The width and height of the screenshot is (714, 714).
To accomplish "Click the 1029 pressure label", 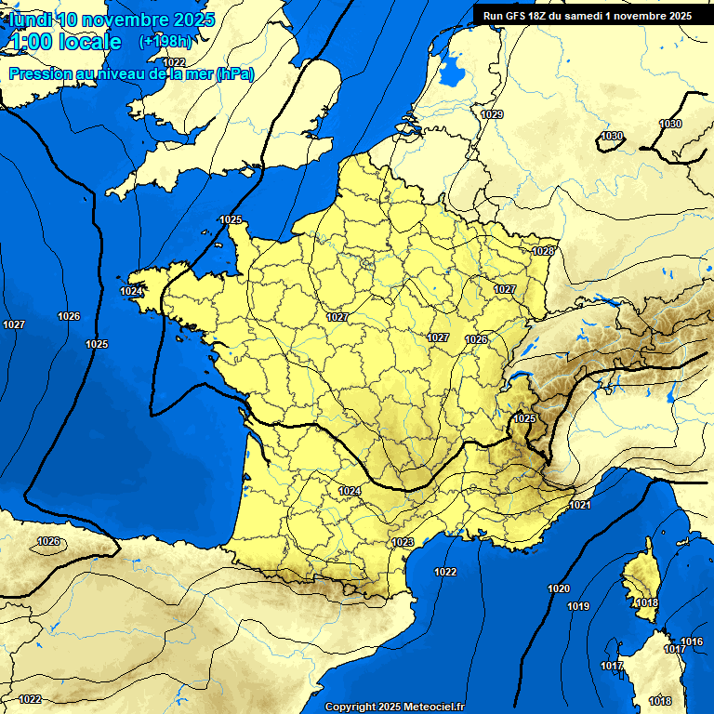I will click(x=492, y=114).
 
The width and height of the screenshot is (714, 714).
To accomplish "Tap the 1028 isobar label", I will click(x=543, y=251).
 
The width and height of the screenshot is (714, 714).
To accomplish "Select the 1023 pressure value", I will click(x=403, y=542).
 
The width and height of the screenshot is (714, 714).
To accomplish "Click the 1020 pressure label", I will click(x=559, y=588).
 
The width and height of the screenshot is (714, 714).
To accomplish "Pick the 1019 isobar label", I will click(x=577, y=606).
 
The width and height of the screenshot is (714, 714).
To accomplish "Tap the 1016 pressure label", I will click(x=692, y=641).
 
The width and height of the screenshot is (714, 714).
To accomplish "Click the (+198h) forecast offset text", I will click(x=165, y=42).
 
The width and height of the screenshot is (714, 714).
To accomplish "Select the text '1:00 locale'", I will click(x=64, y=42).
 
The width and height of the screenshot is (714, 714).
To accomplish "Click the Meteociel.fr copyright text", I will click(x=394, y=707).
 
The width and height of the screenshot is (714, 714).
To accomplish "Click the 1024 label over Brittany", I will click(x=131, y=291).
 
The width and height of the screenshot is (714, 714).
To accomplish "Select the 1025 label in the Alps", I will click(x=524, y=418).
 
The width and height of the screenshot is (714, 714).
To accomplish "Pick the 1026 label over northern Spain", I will click(x=48, y=541).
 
